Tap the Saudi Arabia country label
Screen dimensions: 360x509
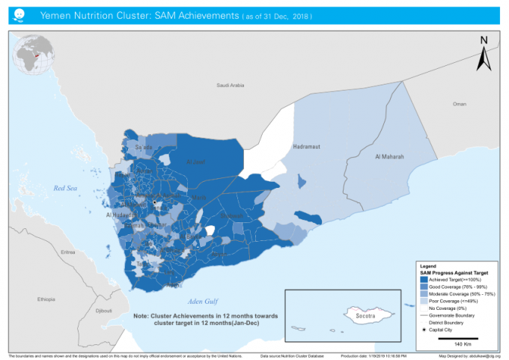[231, 85]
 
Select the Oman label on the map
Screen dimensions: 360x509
[460, 103]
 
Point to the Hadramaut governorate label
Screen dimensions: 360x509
[307, 147]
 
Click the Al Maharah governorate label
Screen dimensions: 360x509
[389, 157]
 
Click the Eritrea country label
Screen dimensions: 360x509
[67, 252]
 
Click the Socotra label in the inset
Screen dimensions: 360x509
[365, 317]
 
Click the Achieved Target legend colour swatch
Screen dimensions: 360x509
[424, 278]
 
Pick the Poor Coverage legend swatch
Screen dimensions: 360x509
[424, 300]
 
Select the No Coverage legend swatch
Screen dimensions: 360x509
[424, 308]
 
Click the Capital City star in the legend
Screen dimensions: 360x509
[424, 329]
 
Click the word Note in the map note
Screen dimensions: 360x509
[141, 316]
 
